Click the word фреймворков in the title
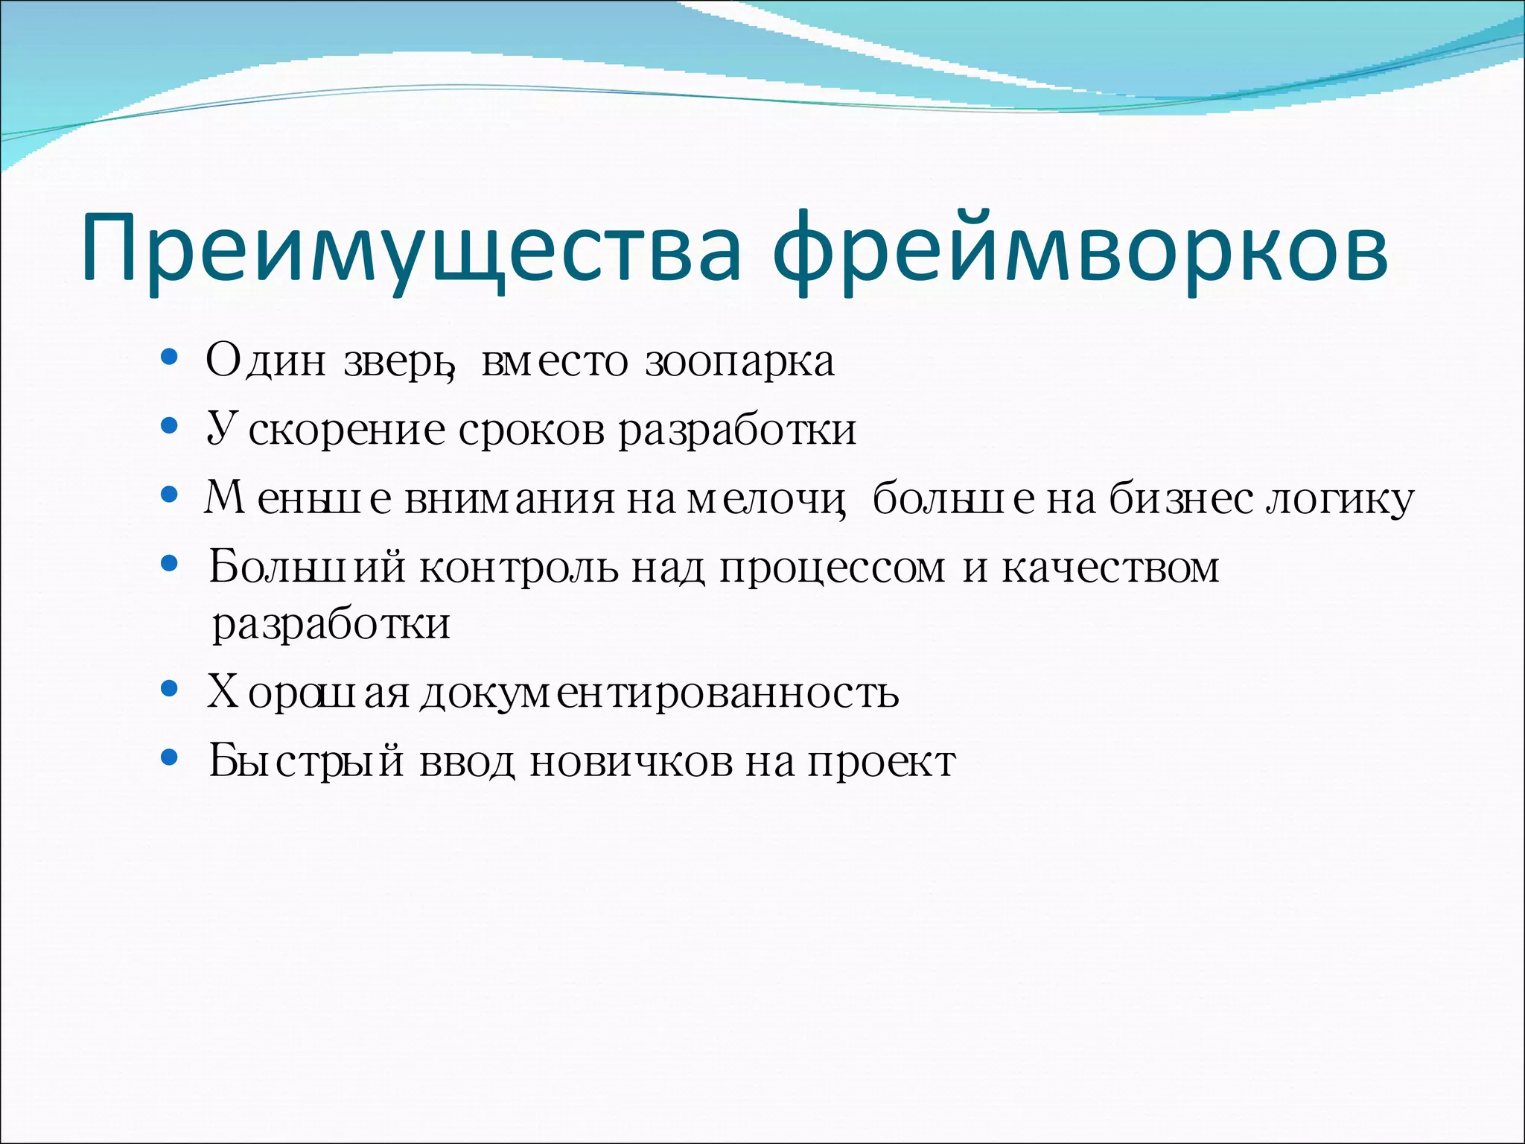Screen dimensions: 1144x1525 (1080, 250)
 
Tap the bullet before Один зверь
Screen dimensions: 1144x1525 (170, 358)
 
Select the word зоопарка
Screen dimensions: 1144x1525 (739, 363)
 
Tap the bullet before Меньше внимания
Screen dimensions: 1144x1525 (170, 495)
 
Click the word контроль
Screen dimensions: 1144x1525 (518, 568)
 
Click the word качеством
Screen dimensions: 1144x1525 (1110, 568)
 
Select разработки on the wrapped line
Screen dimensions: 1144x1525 (331, 625)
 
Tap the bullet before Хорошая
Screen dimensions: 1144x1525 (170, 690)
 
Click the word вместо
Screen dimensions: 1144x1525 (555, 363)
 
